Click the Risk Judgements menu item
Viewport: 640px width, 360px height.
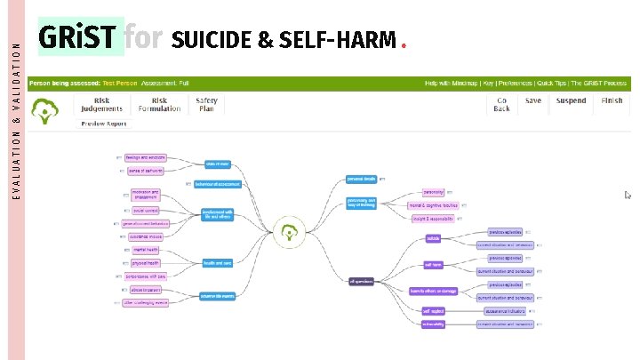click(101, 105)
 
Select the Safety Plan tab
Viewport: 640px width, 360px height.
click(206, 105)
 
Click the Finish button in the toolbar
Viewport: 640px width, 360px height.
click(612, 100)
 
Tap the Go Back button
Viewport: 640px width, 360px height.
click(502, 105)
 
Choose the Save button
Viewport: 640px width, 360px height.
click(532, 100)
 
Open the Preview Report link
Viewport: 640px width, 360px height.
click(105, 124)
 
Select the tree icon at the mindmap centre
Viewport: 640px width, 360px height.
click(287, 233)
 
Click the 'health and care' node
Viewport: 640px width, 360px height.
click(216, 264)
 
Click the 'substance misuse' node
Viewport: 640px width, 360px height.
click(146, 237)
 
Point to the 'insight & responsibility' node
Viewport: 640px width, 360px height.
click(433, 218)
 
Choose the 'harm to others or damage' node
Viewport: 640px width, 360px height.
click(433, 291)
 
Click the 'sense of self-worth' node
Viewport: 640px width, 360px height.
click(145, 170)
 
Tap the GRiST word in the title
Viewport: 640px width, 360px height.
click(76, 38)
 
